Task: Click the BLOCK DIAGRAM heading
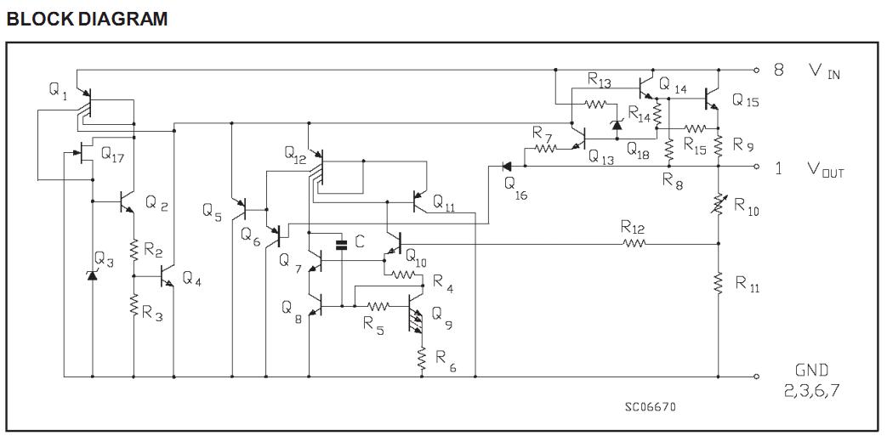pos(87,18)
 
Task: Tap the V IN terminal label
pos(824,71)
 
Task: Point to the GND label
pos(811,371)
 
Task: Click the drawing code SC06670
pos(651,406)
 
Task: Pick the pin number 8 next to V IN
pos(778,71)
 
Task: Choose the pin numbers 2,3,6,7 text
pos(814,391)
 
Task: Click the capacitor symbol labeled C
pos(342,245)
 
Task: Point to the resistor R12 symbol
pos(634,244)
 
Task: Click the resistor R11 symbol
pos(719,281)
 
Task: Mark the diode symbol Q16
pos(505,167)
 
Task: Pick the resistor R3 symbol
pos(134,306)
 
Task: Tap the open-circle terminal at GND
pos(756,377)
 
